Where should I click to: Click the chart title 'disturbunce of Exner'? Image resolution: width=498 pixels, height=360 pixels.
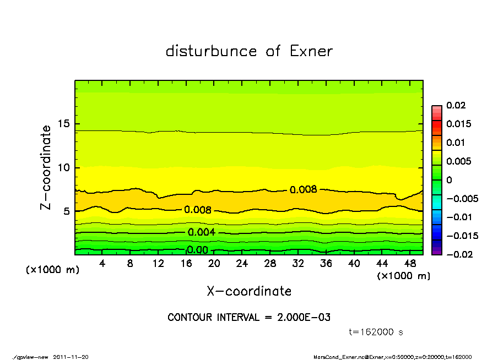(249, 51)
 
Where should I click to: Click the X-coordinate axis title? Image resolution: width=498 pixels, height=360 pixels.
(249, 291)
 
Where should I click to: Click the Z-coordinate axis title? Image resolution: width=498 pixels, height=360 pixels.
(46, 167)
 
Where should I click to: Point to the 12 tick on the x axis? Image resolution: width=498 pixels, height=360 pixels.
(159, 264)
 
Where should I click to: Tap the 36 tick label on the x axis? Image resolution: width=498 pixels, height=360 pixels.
(326, 264)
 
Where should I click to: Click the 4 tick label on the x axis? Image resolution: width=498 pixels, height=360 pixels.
(102, 264)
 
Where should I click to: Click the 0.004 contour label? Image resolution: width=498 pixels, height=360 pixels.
(201, 232)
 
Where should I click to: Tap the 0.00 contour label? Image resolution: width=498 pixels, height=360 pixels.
(197, 250)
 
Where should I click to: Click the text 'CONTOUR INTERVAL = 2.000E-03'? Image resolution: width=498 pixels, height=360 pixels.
(249, 318)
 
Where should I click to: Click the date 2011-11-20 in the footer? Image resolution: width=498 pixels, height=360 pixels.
(71, 357)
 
